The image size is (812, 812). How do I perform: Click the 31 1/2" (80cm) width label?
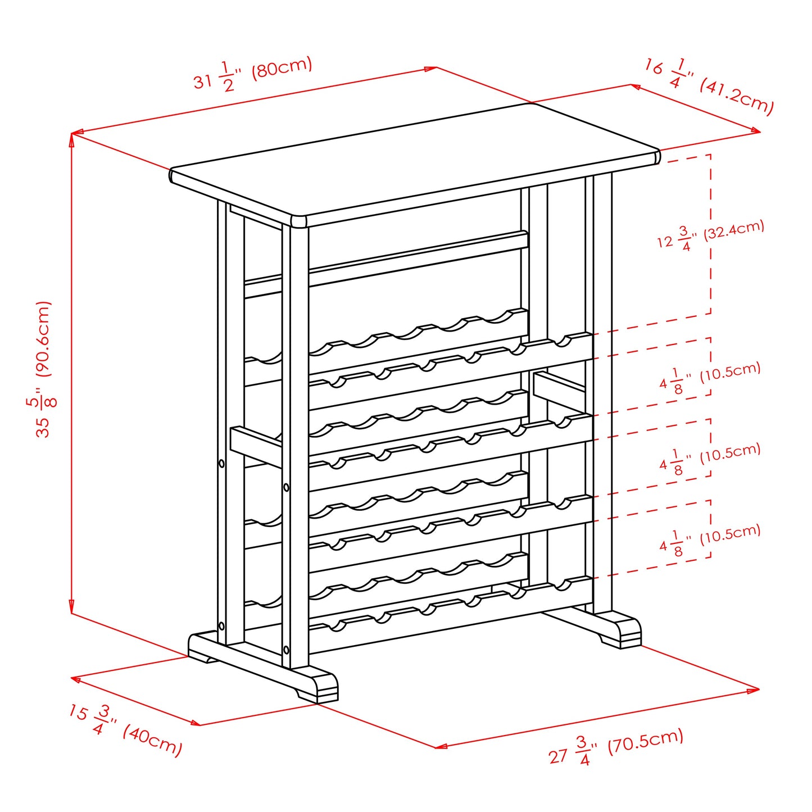coord(253,74)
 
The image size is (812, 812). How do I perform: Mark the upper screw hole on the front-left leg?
coord(287,487)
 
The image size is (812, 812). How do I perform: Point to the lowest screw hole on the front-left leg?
coord(287,650)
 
